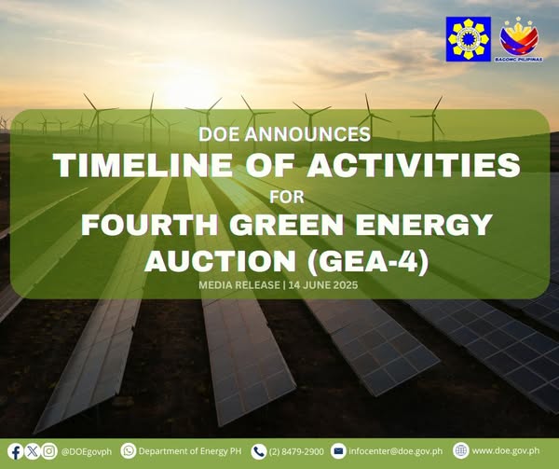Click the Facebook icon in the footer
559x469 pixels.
(15, 451)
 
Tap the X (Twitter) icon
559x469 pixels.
(33, 451)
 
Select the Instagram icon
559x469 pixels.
(49, 451)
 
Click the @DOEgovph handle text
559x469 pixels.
(87, 451)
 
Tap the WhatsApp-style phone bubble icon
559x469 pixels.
(129, 451)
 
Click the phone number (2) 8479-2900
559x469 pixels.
(296, 451)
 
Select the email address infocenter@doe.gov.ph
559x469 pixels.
(396, 451)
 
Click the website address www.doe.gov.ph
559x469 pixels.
(506, 450)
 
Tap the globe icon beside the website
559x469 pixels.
(460, 450)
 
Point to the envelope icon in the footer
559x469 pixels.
(338, 451)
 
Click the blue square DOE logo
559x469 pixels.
(468, 39)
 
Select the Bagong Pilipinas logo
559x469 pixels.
(519, 41)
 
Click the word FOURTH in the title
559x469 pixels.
(150, 225)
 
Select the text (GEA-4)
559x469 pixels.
(368, 261)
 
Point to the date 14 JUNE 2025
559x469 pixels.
(323, 285)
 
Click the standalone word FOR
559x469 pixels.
(287, 198)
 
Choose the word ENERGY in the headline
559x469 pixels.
(424, 225)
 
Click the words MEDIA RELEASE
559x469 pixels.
(239, 285)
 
